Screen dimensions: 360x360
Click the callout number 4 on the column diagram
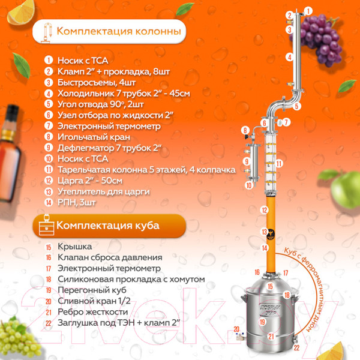[x=289, y=58]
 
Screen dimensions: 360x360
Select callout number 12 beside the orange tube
[x=264, y=210]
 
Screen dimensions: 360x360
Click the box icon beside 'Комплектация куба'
[x=44, y=226]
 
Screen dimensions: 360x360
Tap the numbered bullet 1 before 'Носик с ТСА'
[x=48, y=61]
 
